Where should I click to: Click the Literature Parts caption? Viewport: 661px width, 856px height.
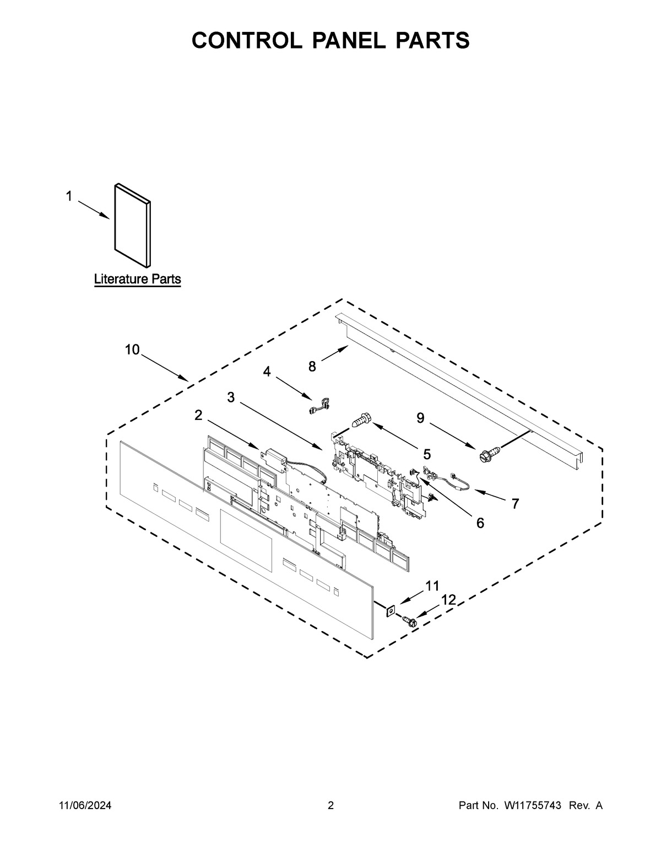pyautogui.click(x=137, y=279)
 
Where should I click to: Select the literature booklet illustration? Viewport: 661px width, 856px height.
pyautogui.click(x=133, y=224)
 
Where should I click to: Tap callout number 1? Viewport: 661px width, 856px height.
pyautogui.click(x=69, y=196)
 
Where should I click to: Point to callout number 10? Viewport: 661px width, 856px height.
pyautogui.click(x=132, y=349)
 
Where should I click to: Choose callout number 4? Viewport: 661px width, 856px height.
pyautogui.click(x=267, y=372)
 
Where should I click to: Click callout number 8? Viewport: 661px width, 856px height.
pyautogui.click(x=312, y=366)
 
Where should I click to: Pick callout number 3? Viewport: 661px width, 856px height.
pyautogui.click(x=231, y=397)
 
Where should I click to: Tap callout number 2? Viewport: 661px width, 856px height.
pyautogui.click(x=198, y=416)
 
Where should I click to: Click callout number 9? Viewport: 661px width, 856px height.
pyautogui.click(x=420, y=419)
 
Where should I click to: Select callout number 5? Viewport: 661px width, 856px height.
pyautogui.click(x=427, y=454)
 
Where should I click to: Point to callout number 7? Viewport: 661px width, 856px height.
pyautogui.click(x=515, y=503)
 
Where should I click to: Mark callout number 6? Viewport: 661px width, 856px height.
pyautogui.click(x=480, y=523)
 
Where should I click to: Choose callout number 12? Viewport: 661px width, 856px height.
pyautogui.click(x=449, y=600)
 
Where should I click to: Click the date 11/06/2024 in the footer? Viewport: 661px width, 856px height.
pyautogui.click(x=85, y=806)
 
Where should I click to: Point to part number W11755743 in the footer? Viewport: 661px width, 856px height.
pyautogui.click(x=532, y=806)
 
